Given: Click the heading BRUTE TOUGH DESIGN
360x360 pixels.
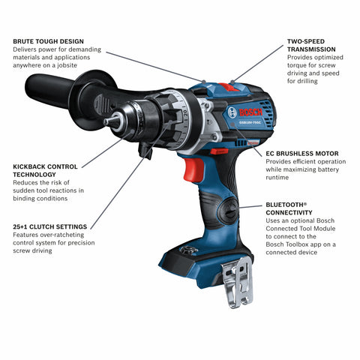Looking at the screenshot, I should point(48,40).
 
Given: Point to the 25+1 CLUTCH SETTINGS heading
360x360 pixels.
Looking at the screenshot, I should point(49,226).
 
